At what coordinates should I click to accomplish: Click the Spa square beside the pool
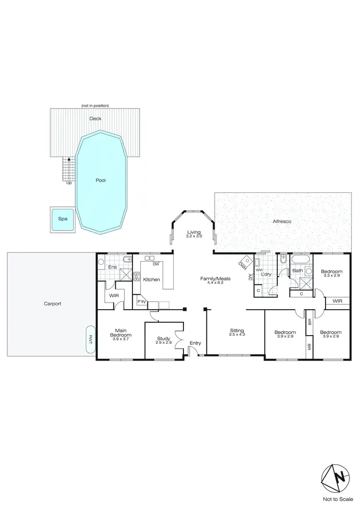(x=62, y=218)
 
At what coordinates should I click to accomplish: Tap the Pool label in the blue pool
(x=100, y=181)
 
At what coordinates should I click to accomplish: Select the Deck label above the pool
(x=95, y=118)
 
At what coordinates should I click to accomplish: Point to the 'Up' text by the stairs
(x=69, y=182)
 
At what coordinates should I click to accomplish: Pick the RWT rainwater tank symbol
(x=90, y=339)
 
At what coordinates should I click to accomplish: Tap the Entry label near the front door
(x=195, y=343)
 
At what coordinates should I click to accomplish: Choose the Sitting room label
(x=237, y=330)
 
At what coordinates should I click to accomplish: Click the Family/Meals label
(x=212, y=279)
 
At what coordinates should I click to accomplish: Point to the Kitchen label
(x=151, y=280)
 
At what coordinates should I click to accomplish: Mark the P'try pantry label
(x=142, y=302)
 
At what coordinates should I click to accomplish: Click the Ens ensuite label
(x=113, y=267)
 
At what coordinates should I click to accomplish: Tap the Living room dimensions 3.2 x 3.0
(x=194, y=236)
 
